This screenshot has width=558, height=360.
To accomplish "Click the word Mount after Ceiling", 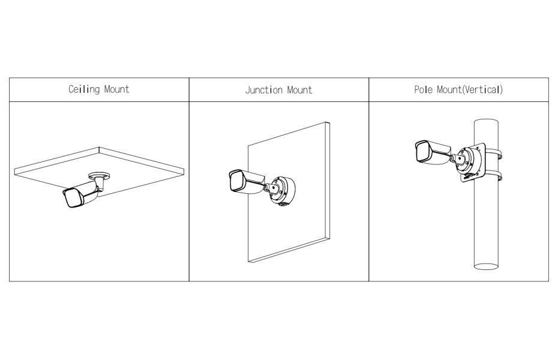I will [116, 90].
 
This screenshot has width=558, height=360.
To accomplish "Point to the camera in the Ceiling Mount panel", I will [79, 196].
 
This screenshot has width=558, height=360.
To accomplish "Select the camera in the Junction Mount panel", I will [245, 179].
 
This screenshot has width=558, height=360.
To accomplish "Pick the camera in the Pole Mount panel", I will [431, 149].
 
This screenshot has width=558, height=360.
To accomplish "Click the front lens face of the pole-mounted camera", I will [422, 151].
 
